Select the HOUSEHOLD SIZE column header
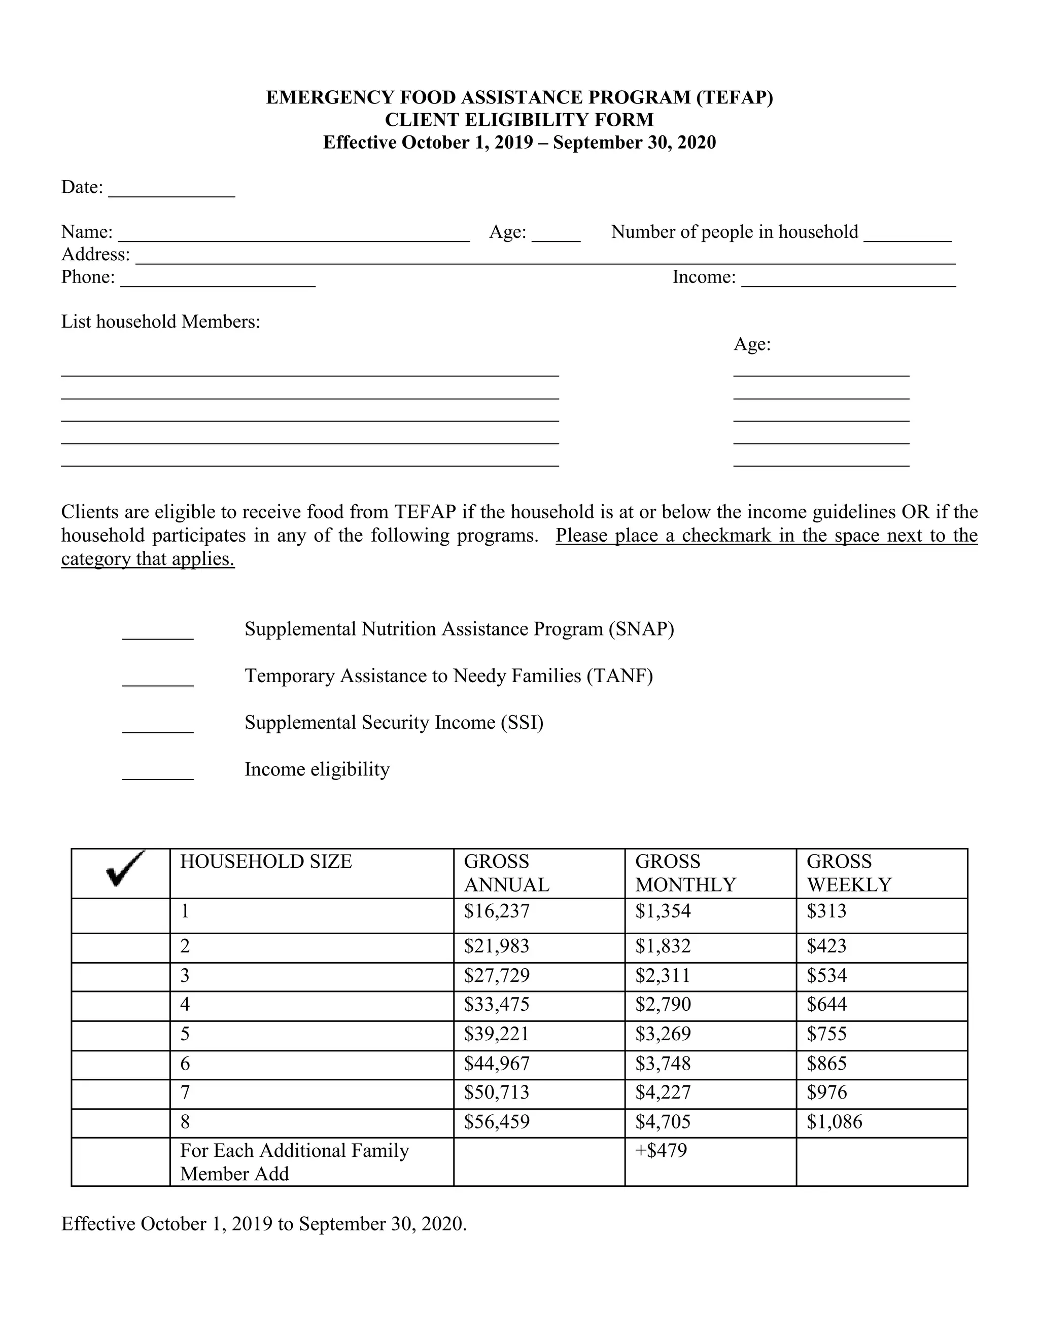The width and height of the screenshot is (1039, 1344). coord(266,862)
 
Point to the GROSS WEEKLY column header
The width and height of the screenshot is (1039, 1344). coord(848,873)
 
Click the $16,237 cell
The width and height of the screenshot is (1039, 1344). coord(496,911)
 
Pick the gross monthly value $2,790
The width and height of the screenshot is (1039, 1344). coord(663,1005)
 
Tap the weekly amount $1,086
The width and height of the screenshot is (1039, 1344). coord(834,1122)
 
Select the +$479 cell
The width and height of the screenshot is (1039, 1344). coord(661,1151)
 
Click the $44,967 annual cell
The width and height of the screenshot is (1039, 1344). coord(496,1064)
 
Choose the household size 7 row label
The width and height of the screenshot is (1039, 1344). coord(185,1093)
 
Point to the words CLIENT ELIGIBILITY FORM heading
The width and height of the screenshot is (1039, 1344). coord(519,120)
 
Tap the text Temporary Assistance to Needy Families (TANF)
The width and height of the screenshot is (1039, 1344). coord(448,676)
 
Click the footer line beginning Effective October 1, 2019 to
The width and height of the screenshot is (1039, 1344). coord(264,1224)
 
